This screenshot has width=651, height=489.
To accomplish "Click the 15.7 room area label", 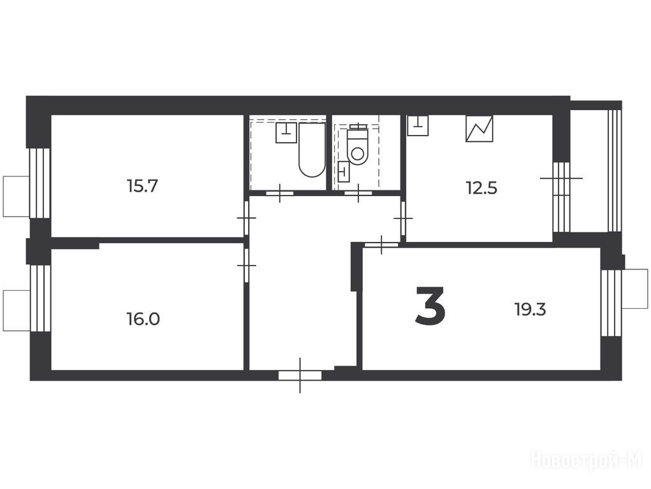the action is tap(142, 186).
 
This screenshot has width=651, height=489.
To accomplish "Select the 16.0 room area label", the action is tap(143, 319).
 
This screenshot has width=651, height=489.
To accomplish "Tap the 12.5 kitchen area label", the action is tap(481, 188).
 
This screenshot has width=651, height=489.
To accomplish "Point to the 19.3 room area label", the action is tap(530, 309).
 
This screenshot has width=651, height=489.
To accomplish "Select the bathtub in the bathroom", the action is tap(312, 150).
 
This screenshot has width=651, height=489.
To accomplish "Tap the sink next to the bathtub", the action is tap(286, 132).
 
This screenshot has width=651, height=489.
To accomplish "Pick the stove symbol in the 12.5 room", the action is tap(479, 129).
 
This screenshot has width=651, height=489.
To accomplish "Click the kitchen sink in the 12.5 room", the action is tap(418, 125).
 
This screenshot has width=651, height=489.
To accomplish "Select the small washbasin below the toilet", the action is tap(344, 172).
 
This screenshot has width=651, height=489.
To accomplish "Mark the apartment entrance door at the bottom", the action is tap(300, 376).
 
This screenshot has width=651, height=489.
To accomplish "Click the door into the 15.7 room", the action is tap(247, 218).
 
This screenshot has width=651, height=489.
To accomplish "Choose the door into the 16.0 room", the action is tap(247, 266).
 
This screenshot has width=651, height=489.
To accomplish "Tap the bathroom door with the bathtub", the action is tap(280, 193).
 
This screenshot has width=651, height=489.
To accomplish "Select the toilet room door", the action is tap(359, 193).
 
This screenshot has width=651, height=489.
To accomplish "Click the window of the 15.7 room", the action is tap(39, 183).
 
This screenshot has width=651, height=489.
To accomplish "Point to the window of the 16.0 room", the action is tap(40, 298).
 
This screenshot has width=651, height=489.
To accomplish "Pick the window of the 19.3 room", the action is tap(611, 303).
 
